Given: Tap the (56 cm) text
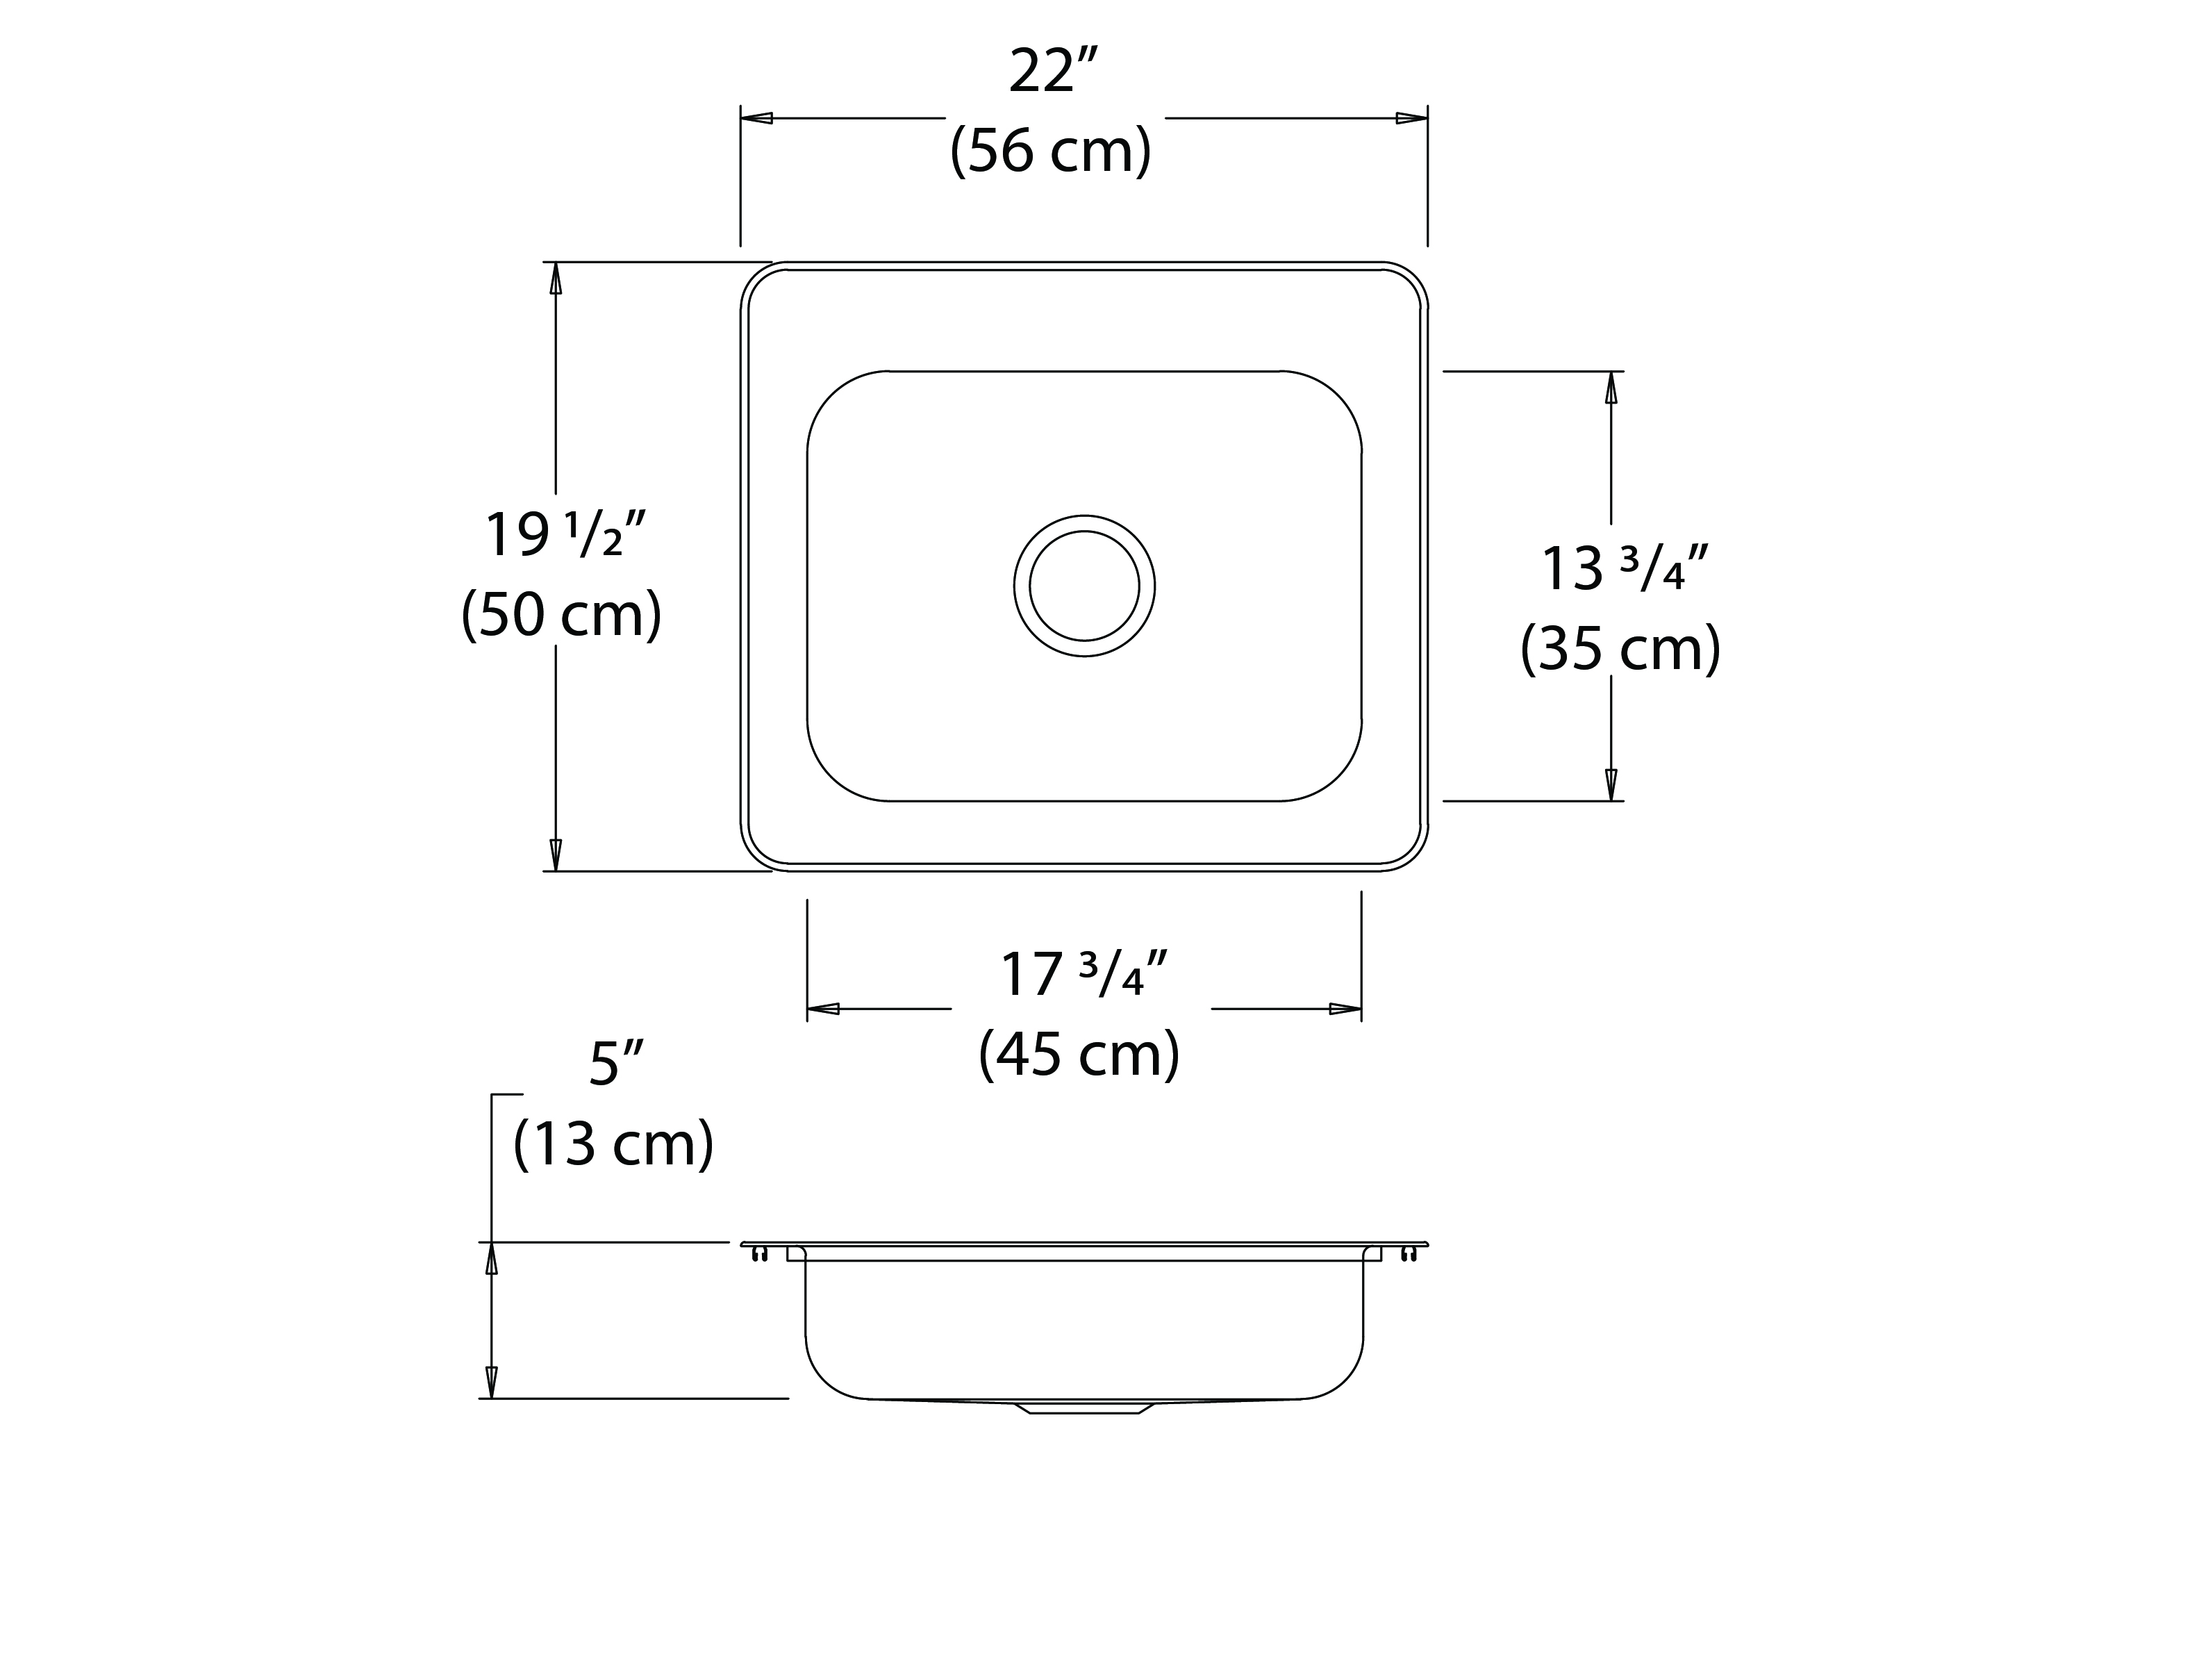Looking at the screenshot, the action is click(x=1051, y=151).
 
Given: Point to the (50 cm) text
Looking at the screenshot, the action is click(x=562, y=615).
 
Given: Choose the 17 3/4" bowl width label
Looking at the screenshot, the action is click(x=1083, y=974).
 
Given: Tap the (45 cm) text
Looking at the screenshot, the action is click(x=1079, y=1054).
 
